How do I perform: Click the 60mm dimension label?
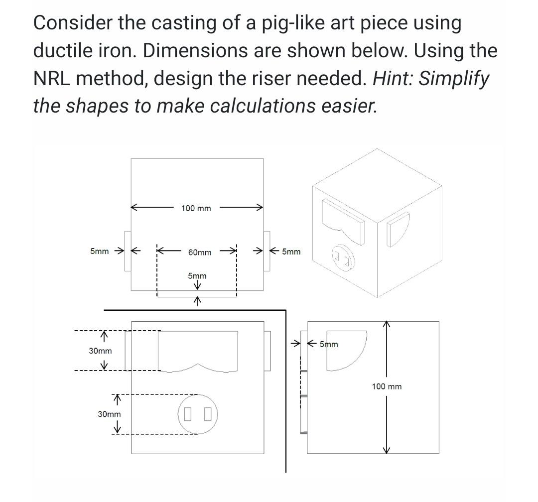(199, 252)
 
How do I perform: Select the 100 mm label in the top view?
(196, 208)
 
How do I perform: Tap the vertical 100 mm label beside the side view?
(387, 386)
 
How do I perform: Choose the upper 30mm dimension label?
(101, 351)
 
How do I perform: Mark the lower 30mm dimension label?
(109, 414)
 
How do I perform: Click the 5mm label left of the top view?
(99, 251)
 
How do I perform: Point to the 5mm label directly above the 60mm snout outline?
(197, 276)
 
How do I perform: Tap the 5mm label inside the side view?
(329, 344)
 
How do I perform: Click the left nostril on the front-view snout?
(188, 413)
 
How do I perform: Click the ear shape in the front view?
(198, 350)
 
